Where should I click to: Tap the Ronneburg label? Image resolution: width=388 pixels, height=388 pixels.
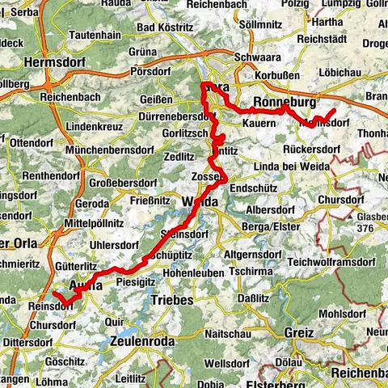[283, 102]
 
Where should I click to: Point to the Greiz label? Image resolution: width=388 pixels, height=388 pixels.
[298, 332]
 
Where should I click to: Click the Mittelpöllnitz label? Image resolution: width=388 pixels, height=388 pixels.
[93, 218]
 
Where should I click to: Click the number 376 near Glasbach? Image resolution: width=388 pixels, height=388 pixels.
[365, 229]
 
